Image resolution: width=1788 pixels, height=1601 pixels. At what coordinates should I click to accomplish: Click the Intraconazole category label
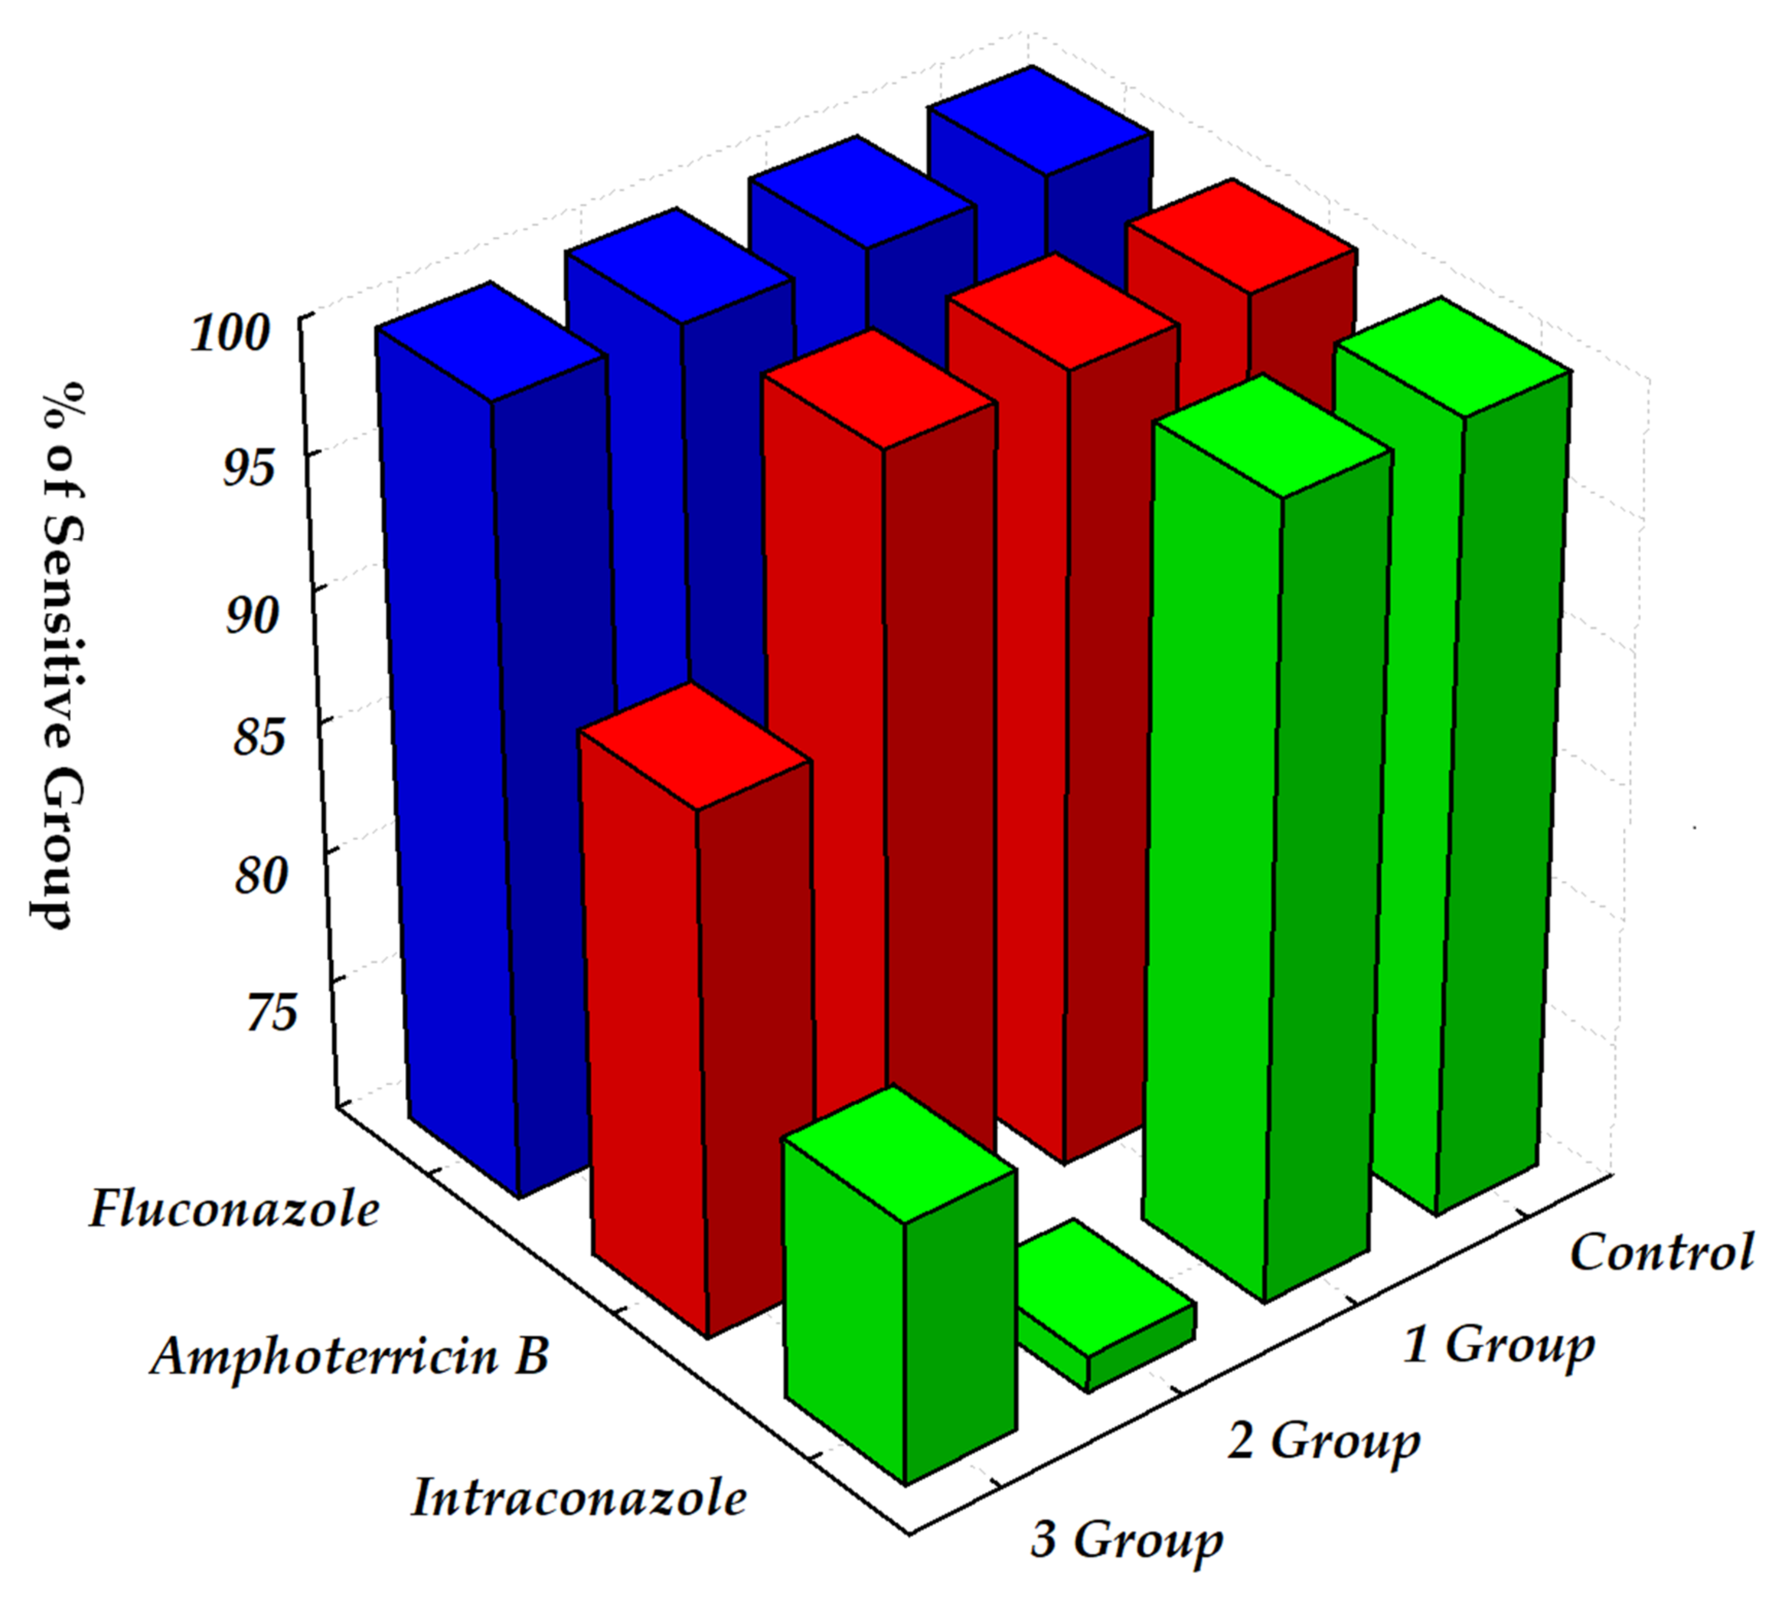[x=578, y=1498]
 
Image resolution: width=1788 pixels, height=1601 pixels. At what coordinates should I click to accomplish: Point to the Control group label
[x=1660, y=1252]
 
